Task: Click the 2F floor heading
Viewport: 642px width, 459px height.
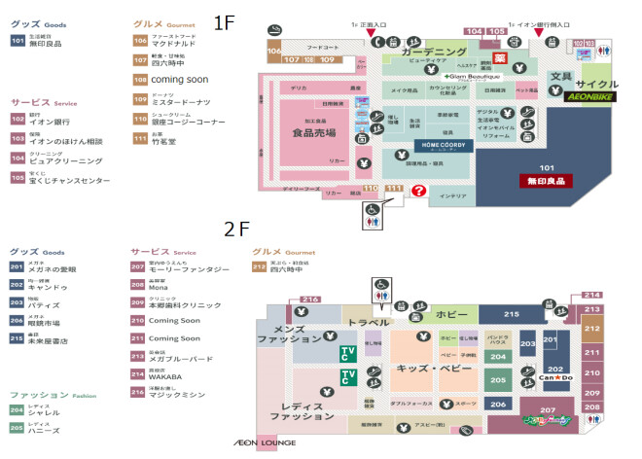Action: [x=237, y=229]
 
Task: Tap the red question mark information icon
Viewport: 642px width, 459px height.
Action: [x=419, y=193]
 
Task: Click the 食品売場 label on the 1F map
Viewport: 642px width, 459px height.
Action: [x=314, y=133]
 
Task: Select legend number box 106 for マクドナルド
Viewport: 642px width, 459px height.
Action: [x=140, y=40]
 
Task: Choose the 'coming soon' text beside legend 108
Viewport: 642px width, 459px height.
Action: [x=180, y=79]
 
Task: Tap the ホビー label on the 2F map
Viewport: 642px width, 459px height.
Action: [x=451, y=315]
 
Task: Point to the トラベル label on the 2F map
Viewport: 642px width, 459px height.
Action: [x=369, y=323]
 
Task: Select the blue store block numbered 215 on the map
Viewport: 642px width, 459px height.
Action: [x=512, y=315]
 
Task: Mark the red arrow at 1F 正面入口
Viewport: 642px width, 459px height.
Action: [x=372, y=35]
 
